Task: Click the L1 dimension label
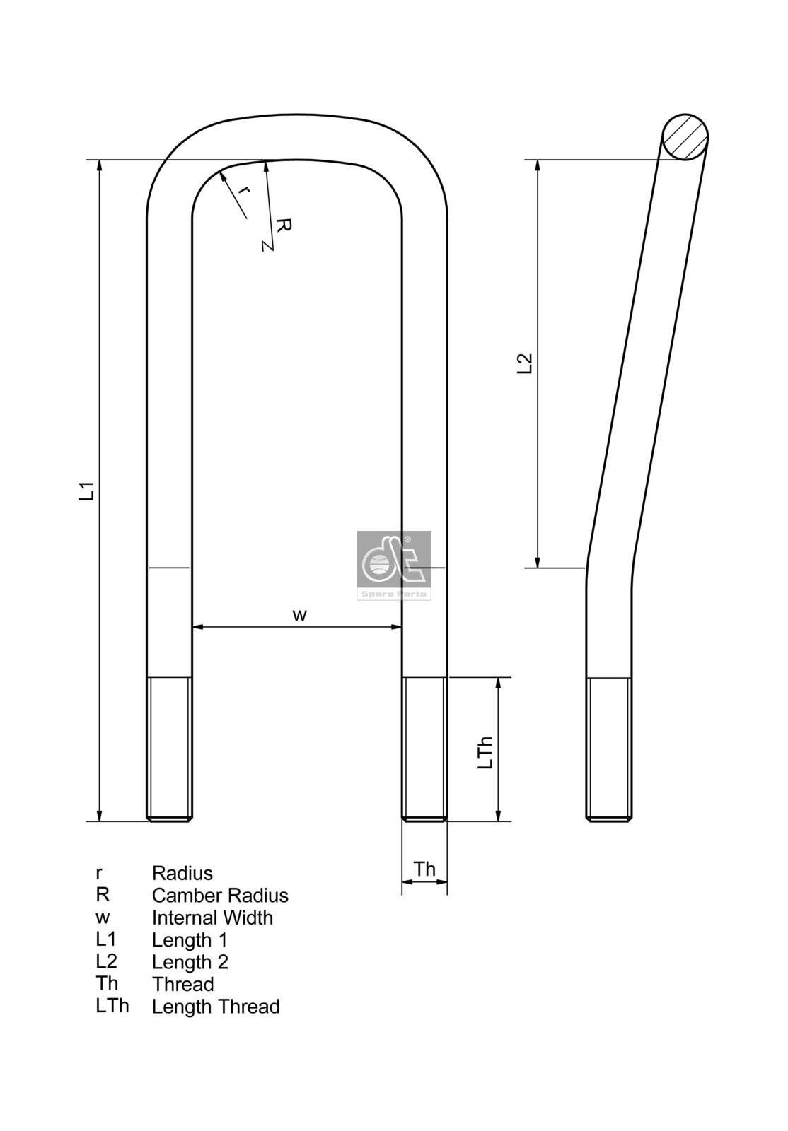pyautogui.click(x=86, y=491)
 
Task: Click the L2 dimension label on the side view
pyautogui.click(x=525, y=363)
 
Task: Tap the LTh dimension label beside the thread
pyautogui.click(x=485, y=753)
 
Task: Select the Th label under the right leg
pyautogui.click(x=424, y=869)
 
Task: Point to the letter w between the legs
pyautogui.click(x=300, y=615)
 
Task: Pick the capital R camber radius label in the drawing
pyautogui.click(x=283, y=225)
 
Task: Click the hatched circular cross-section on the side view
pyautogui.click(x=685, y=137)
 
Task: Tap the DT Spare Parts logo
pyautogui.click(x=394, y=565)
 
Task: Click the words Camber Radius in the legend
pyautogui.click(x=220, y=896)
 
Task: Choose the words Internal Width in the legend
pyautogui.click(x=212, y=918)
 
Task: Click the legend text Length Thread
pyautogui.click(x=216, y=1007)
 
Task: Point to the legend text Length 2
pyautogui.click(x=190, y=962)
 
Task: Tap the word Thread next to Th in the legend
pyautogui.click(x=182, y=984)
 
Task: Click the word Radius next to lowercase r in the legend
pyautogui.click(x=182, y=873)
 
